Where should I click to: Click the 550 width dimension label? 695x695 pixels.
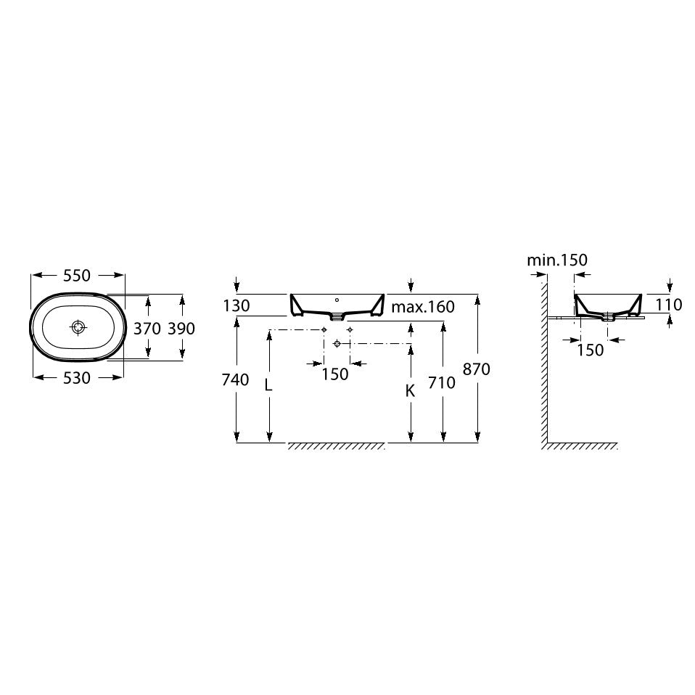77,276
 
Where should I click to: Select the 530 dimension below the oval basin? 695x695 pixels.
77,378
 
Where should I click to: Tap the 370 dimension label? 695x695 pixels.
147,329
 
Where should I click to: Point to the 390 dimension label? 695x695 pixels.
181,329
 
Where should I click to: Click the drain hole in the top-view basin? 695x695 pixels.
78,327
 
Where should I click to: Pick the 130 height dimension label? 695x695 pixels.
237,305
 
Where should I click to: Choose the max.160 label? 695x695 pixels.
423,306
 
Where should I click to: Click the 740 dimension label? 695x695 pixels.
235,380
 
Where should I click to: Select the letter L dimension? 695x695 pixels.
268,385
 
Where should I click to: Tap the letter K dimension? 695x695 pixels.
410,390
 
